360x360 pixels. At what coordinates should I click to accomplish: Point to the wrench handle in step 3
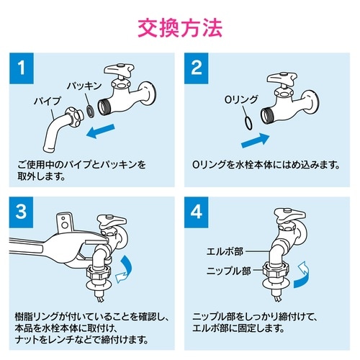point(36,245)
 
